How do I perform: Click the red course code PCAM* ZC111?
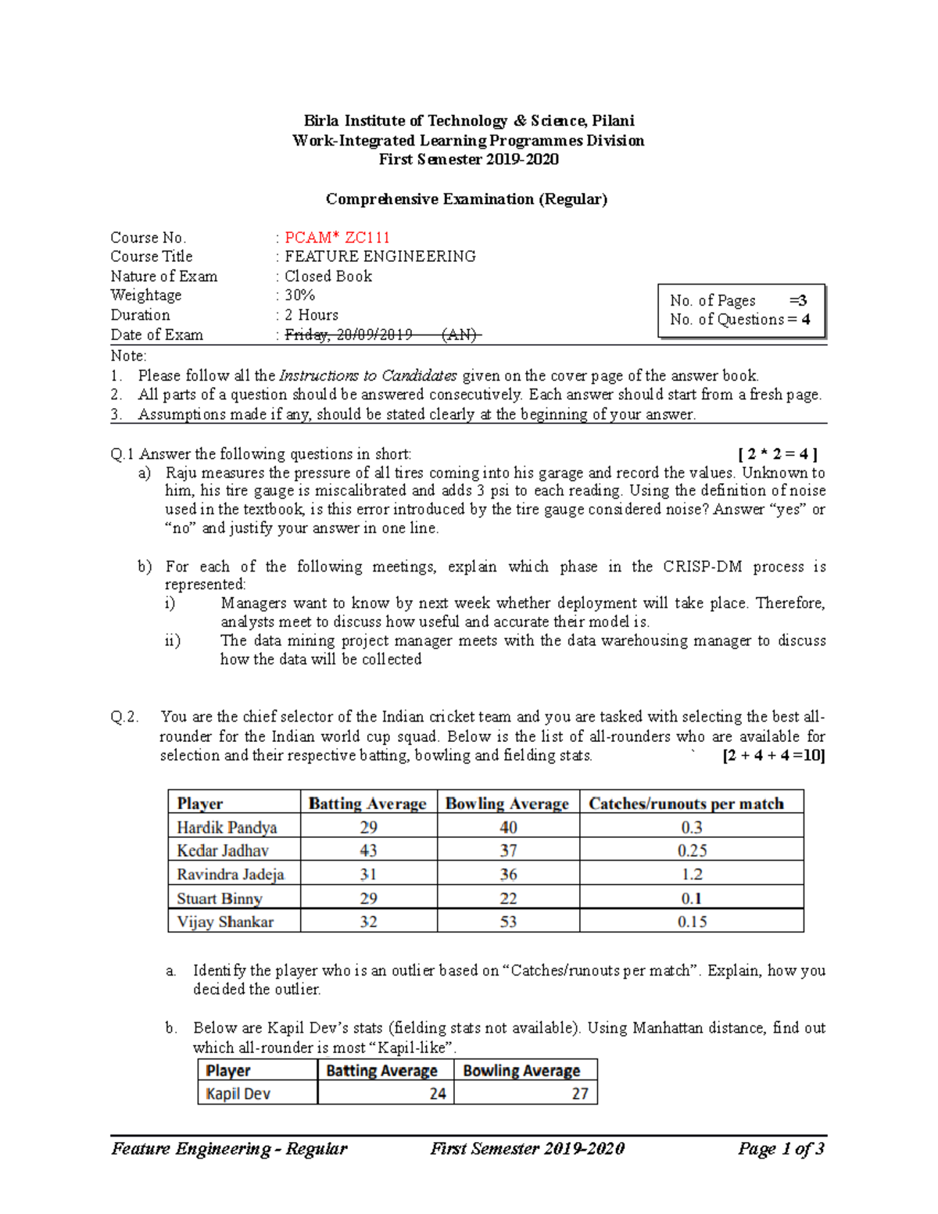click(337, 238)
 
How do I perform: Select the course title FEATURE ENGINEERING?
click(380, 256)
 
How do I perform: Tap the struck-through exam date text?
click(383, 335)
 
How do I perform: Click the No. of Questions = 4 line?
click(739, 320)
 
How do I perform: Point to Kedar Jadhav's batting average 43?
click(368, 851)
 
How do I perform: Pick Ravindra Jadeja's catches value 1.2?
click(692, 874)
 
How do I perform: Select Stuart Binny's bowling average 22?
click(508, 898)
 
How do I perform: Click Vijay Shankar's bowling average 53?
click(508, 922)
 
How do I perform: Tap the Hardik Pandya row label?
click(227, 827)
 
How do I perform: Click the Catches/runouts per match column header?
click(686, 804)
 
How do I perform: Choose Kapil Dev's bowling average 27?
click(579, 1094)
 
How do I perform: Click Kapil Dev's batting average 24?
click(437, 1094)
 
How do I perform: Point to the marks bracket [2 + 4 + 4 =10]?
click(774, 756)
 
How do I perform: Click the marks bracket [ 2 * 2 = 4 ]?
click(778, 454)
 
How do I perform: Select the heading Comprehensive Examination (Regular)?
click(467, 199)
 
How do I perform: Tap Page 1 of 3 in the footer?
click(781, 1148)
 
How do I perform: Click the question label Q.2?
click(124, 717)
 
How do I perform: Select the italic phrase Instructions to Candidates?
click(368, 376)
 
